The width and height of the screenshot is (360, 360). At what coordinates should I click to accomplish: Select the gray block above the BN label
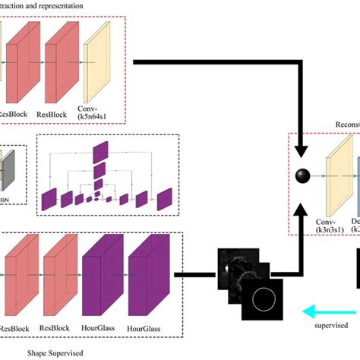click(x=8, y=171)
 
